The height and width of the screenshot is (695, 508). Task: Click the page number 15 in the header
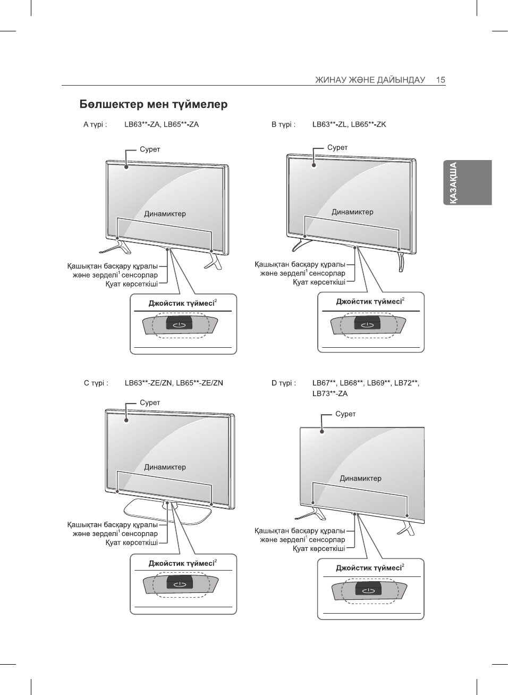point(441,80)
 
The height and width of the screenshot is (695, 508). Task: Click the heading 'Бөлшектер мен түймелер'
point(154,104)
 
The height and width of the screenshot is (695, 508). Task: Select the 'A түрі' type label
point(95,124)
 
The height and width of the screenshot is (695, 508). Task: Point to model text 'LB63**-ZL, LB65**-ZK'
point(349,124)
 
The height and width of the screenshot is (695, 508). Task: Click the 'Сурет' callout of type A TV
point(150,149)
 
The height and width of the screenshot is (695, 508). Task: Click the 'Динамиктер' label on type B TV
point(352,212)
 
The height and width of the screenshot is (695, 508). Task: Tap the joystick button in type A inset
point(179,323)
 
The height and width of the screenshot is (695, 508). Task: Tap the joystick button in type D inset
point(367,590)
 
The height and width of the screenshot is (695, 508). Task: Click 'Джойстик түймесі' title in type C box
point(181,563)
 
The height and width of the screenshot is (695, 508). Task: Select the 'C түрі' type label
point(96,383)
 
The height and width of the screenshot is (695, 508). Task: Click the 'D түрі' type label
point(284,383)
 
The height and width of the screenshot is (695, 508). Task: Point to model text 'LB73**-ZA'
point(330,394)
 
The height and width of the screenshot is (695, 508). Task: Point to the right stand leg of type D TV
point(407,528)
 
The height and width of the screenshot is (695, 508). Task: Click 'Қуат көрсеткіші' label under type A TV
point(131,284)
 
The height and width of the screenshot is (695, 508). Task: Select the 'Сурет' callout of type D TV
point(345,414)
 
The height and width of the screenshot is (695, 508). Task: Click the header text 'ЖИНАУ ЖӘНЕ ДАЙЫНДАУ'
point(370,80)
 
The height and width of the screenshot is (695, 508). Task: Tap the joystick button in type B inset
point(367,323)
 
